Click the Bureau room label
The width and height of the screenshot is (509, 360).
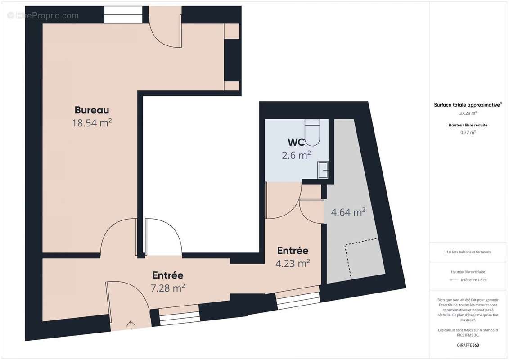click(92, 110)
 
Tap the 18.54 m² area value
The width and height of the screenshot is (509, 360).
click(92, 123)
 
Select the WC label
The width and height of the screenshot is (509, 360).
click(297, 142)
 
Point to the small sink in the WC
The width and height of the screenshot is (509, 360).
click(323, 170)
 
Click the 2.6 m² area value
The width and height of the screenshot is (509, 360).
click(297, 155)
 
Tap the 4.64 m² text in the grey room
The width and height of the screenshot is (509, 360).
click(348, 212)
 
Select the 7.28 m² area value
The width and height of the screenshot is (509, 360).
click(167, 288)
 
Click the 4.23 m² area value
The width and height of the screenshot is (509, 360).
click(293, 263)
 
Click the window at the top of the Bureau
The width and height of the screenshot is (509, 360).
click(123, 15)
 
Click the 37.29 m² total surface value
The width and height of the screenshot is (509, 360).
click(468, 113)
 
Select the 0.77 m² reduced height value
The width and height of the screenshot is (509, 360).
click(468, 132)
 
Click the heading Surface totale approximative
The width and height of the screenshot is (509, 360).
click(468, 104)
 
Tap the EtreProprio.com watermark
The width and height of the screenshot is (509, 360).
click(43, 16)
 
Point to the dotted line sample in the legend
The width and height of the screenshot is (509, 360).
click(454, 280)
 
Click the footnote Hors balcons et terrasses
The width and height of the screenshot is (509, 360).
click(468, 252)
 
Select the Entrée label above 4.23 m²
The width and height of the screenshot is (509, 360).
click(293, 251)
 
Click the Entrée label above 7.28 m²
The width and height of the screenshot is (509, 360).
click(167, 275)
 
